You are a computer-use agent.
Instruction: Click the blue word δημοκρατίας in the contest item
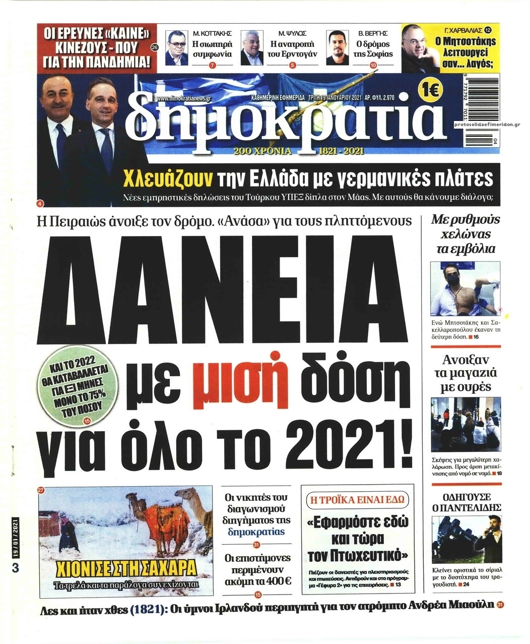click(x=256, y=532)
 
